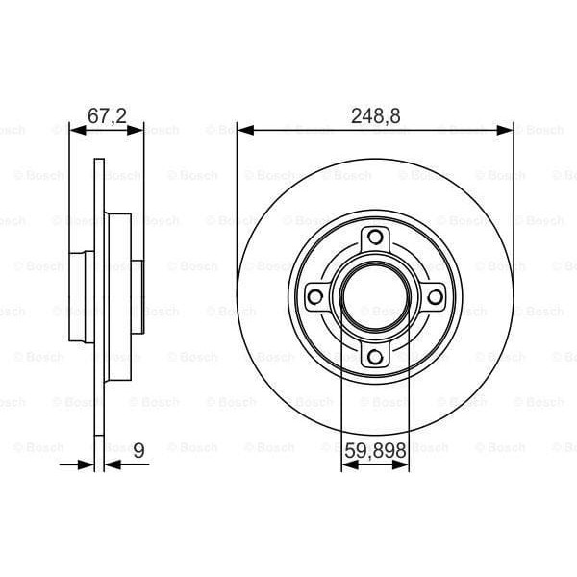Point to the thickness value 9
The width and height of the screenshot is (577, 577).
point(140,448)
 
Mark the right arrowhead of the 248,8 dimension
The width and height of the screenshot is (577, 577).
point(507,128)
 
